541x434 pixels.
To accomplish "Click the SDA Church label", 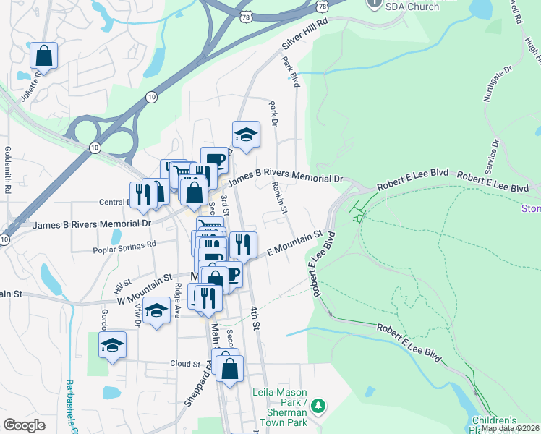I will pos(412,7).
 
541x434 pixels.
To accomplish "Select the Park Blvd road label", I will pos(291,72).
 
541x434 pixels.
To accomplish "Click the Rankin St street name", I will pos(280,197).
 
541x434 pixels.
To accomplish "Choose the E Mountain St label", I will pos(294,244).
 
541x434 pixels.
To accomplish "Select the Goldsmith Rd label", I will pos(8,171).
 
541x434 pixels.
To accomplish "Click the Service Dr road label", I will pos(495,153).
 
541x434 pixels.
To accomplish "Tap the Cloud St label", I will pos(184,364).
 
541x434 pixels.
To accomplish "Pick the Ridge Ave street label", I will pos(177,296).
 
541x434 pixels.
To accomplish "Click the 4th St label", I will pos(255,318).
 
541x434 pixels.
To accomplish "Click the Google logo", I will pos(24,425).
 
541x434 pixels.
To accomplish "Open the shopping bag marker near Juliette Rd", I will pos(43,56).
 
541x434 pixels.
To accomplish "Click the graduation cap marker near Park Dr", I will pos(246,135).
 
